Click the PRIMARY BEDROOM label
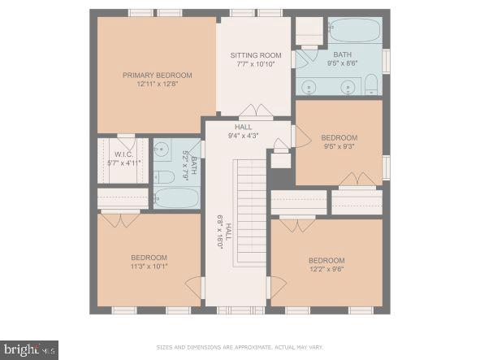coord(156,76)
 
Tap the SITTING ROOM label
coord(256,55)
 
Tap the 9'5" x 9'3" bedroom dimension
coord(339,147)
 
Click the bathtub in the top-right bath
coord(355,30)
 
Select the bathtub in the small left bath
coord(176,197)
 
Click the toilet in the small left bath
coord(165,176)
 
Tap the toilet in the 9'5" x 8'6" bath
coord(371,85)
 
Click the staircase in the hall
coord(251,211)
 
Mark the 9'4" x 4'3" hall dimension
coord(244,137)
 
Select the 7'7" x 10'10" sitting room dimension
coord(256,64)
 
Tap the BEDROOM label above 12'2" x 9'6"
coord(326,261)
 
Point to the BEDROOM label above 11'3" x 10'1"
coord(149,257)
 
